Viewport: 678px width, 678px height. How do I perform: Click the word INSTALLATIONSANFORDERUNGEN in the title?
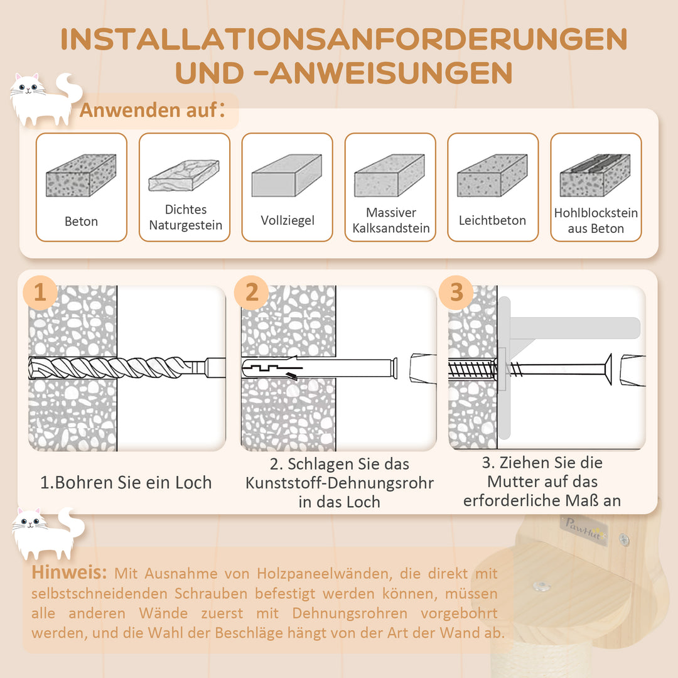click(344, 40)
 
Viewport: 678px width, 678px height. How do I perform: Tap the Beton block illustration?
click(81, 175)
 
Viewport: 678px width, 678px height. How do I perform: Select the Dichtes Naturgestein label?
click(185, 217)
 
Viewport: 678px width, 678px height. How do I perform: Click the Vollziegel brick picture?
click(287, 175)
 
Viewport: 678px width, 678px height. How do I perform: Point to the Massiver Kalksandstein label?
click(391, 220)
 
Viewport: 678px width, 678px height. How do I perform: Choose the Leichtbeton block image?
click(493, 175)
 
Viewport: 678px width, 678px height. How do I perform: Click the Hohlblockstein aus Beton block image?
click(595, 175)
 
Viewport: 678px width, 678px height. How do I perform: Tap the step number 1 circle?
click(40, 293)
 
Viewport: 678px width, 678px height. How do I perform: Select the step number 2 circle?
click(251, 293)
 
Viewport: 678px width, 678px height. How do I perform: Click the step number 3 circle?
click(456, 293)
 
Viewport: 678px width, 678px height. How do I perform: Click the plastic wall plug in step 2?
click(320, 369)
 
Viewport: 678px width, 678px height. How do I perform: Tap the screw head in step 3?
click(608, 369)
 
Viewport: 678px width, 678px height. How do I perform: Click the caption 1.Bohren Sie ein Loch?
click(126, 483)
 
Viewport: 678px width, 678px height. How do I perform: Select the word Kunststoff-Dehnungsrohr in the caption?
click(340, 483)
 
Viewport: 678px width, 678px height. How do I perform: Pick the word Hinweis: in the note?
click(69, 573)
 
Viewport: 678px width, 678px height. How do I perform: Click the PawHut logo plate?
click(584, 530)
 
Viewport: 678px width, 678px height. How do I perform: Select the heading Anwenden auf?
click(152, 110)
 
